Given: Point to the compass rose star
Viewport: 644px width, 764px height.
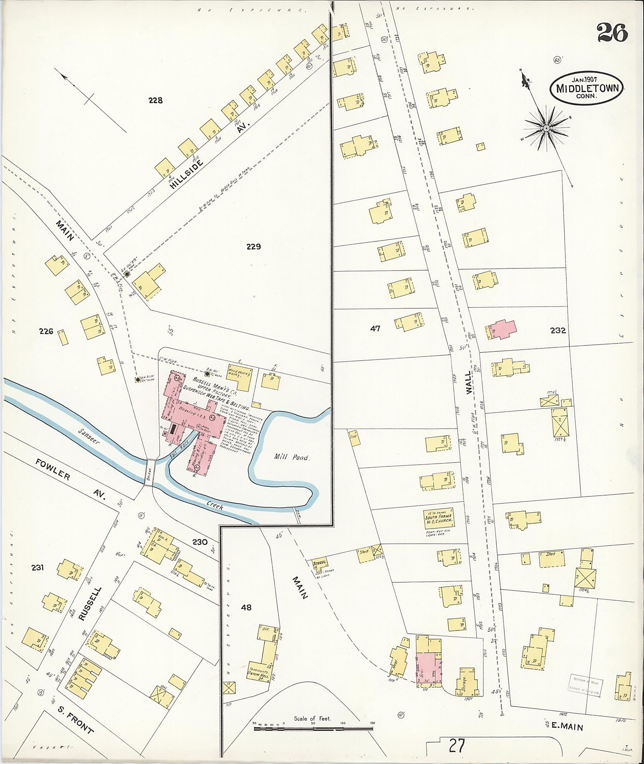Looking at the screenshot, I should [546, 128].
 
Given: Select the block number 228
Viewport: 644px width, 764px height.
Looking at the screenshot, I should [155, 100].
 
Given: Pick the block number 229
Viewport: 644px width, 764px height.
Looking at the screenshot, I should [253, 247].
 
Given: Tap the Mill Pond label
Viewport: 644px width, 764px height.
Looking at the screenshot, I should [292, 457].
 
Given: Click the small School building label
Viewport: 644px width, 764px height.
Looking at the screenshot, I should [319, 562].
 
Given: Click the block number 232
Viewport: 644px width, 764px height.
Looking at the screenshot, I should [557, 331].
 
